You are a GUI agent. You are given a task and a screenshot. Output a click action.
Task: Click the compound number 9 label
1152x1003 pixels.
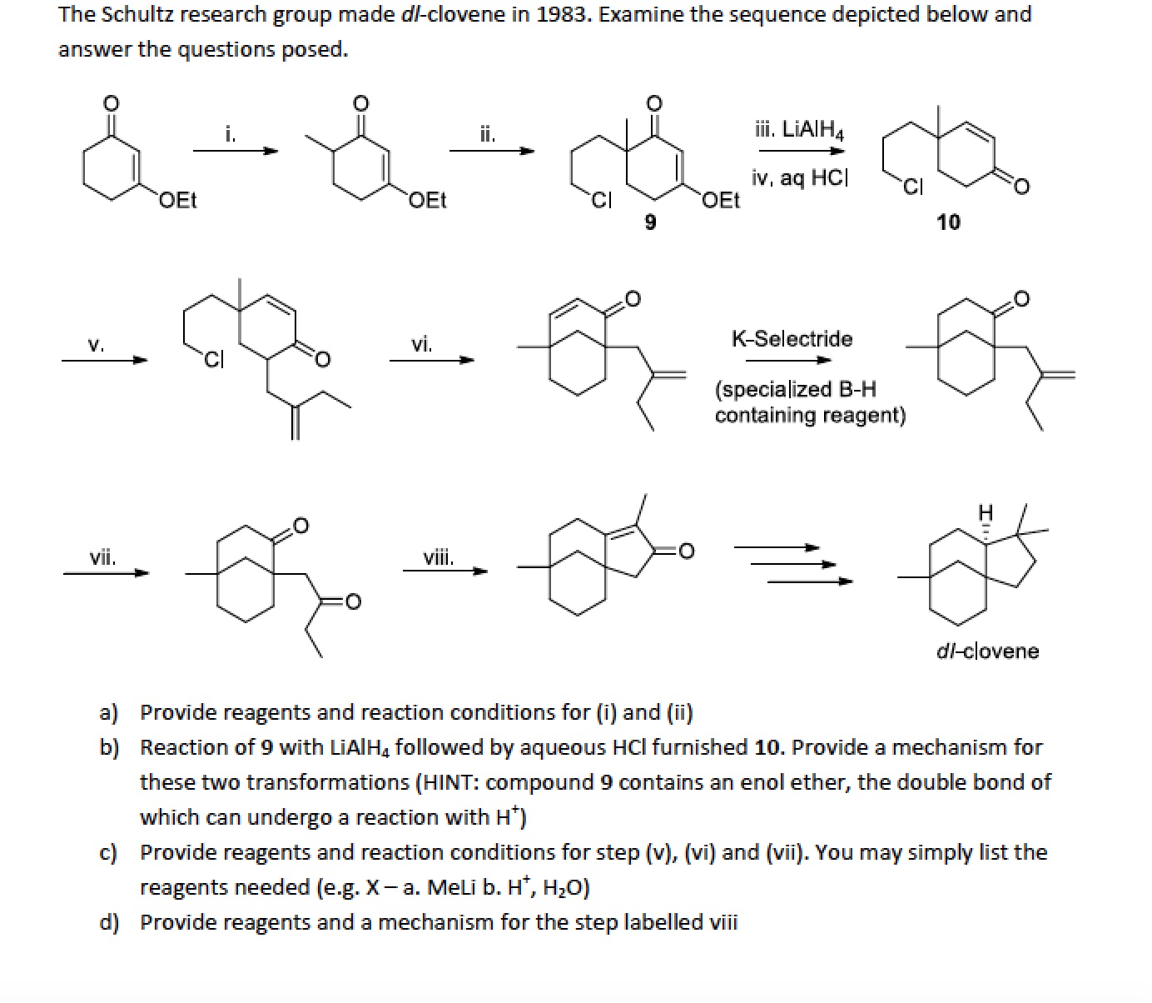(x=650, y=222)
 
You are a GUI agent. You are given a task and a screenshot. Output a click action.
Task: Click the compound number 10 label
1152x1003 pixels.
(x=948, y=222)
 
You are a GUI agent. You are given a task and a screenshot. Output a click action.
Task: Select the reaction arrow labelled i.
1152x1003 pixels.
(x=236, y=151)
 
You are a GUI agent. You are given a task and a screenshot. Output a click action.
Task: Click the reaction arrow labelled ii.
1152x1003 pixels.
(x=492, y=151)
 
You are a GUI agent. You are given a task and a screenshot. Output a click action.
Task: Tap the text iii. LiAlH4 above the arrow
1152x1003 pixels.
(x=799, y=130)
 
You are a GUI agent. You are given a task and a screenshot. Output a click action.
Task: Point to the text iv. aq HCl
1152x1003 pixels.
(x=800, y=178)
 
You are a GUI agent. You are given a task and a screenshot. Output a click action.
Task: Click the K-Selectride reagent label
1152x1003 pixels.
(x=792, y=339)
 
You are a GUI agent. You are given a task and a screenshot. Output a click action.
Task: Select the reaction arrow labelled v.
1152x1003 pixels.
(x=105, y=360)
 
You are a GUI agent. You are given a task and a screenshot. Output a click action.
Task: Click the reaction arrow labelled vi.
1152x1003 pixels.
(x=432, y=360)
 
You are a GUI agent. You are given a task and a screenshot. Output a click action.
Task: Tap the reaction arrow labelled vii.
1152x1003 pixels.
(x=107, y=573)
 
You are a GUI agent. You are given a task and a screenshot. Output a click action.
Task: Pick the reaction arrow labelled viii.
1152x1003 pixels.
(x=445, y=571)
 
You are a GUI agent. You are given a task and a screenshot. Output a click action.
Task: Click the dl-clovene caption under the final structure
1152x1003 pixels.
(x=987, y=651)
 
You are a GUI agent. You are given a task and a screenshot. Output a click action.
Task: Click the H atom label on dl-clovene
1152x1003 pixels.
(x=986, y=512)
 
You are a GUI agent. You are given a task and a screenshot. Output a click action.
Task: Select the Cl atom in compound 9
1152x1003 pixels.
(x=601, y=200)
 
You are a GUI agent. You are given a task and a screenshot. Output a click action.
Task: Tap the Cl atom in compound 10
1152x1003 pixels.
(x=913, y=186)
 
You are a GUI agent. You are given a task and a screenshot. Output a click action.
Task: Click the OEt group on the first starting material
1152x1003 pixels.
(x=178, y=200)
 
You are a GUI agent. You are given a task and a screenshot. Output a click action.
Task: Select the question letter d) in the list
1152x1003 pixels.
(x=109, y=922)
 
